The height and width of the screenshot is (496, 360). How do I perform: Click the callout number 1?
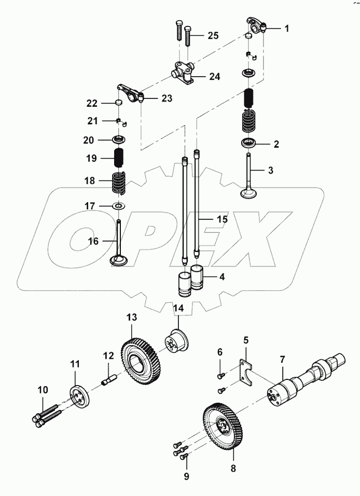coord(286,29)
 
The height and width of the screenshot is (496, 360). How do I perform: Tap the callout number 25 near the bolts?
coord(213,36)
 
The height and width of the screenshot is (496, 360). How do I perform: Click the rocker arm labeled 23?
coord(130,93)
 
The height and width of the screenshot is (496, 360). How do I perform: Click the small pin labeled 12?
coord(108,381)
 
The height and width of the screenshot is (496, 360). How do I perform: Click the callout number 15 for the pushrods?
coord(222,220)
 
